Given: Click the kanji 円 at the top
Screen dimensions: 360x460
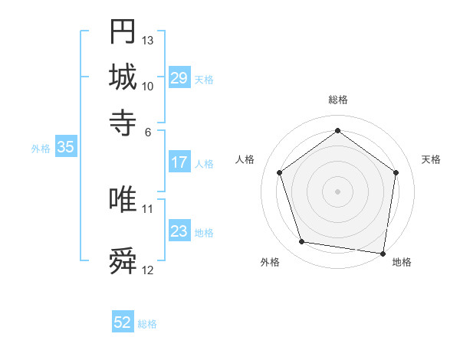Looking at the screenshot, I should [x=123, y=32].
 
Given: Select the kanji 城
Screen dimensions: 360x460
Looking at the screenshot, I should [x=123, y=77].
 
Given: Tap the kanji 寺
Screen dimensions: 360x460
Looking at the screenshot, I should [x=123, y=123].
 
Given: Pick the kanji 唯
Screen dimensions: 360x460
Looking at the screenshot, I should [x=123, y=199].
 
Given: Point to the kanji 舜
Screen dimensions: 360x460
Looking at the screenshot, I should [x=123, y=261].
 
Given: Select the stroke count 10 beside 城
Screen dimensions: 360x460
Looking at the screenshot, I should [x=148, y=86].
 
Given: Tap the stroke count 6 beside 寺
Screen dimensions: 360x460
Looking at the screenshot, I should [x=148, y=131].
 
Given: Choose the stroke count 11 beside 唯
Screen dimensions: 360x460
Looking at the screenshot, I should [x=148, y=208].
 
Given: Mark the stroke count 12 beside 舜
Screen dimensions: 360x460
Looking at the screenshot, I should [x=148, y=270].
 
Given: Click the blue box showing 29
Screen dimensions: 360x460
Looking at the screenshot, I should [x=179, y=78].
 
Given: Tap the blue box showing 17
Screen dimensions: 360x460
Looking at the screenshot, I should [x=179, y=162].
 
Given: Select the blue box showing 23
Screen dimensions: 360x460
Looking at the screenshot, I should [x=179, y=231].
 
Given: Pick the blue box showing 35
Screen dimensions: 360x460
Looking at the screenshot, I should [x=65, y=148].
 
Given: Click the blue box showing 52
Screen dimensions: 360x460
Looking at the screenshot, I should [x=123, y=323].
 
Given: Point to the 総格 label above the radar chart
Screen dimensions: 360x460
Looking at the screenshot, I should [x=337, y=100].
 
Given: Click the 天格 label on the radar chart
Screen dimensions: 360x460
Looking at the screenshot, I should [x=431, y=159].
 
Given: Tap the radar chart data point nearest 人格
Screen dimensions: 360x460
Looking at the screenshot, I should [x=279, y=172].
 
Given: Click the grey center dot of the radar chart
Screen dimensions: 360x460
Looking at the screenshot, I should [x=337, y=191].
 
